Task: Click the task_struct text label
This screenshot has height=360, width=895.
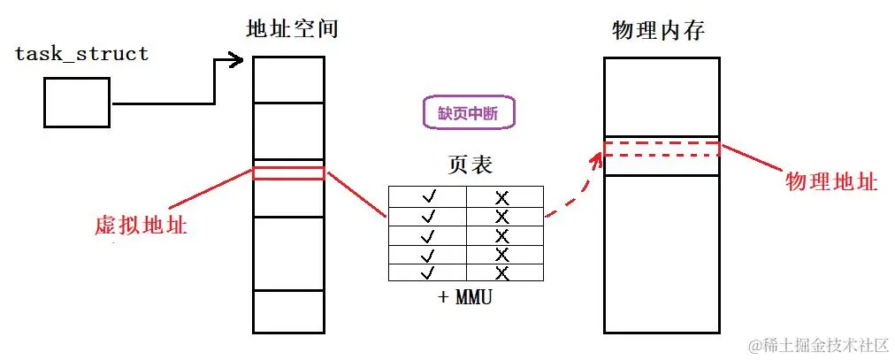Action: (82, 54)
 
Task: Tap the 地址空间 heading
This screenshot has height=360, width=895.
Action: (292, 29)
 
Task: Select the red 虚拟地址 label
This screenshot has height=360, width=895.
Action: (141, 225)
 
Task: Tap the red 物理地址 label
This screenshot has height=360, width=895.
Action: (831, 181)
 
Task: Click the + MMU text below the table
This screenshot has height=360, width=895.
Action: (465, 297)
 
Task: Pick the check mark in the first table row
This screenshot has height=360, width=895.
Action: (429, 195)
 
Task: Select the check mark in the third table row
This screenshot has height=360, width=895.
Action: (429, 234)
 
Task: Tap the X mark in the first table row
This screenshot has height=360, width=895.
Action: (503, 195)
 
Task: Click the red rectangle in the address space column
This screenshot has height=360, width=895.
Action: (288, 173)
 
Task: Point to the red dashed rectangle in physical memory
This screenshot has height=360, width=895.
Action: (662, 149)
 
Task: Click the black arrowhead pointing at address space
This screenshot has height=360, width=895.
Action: (236, 61)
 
